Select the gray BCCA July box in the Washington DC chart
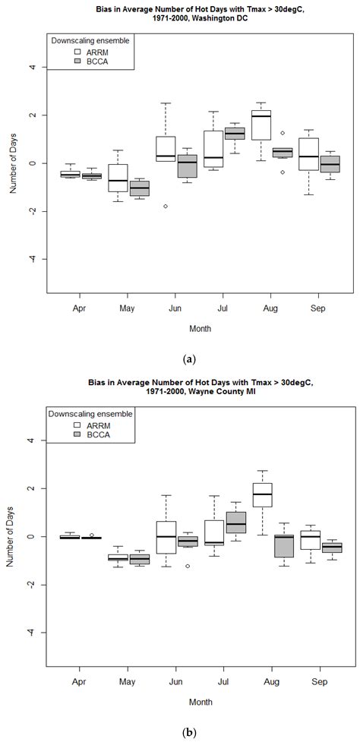[x=234, y=133]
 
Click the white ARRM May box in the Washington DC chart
[x=117, y=178]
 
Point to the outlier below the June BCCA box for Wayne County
[x=187, y=566]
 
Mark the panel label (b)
[x=180, y=729]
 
